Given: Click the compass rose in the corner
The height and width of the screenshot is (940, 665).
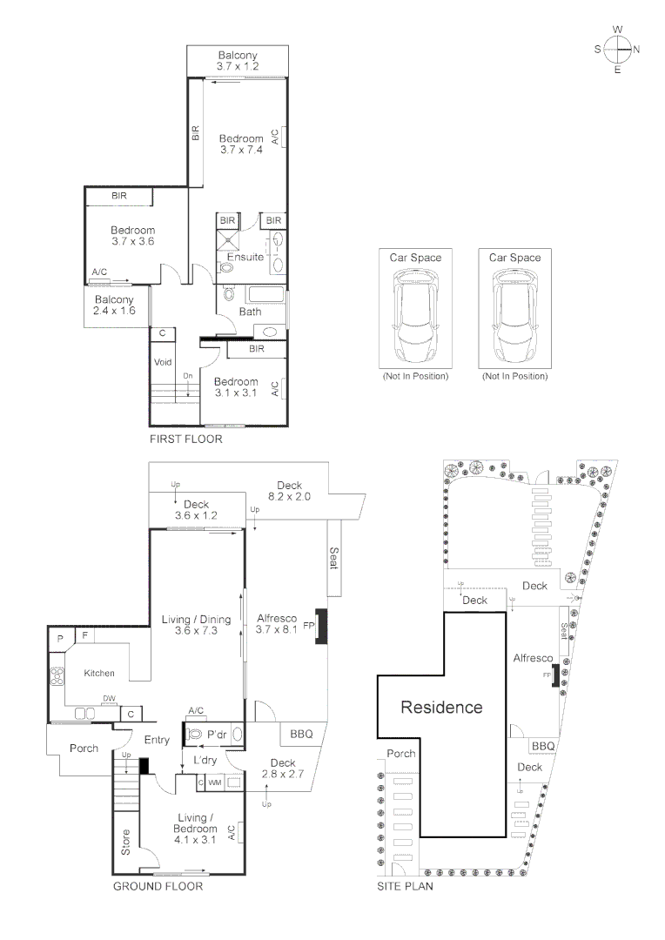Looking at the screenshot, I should coord(617,49).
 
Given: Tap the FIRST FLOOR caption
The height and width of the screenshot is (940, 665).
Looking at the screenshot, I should coord(185,440).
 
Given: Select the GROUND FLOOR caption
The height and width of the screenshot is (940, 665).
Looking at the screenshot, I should coord(158,887).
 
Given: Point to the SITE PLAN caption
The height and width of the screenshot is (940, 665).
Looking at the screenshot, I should coord(405,887).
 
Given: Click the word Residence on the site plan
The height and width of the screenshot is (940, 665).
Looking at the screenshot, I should coord(440,707).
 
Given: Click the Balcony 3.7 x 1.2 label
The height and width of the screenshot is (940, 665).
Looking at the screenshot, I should coord(238,61).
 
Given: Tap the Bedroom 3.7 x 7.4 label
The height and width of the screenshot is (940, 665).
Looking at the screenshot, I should coord(241,144).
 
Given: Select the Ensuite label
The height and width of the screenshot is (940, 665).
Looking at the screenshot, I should coord(245,258).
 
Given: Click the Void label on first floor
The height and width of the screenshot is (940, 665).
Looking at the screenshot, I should coord(163,362).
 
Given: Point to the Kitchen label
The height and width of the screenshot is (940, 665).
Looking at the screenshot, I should coord(99,674).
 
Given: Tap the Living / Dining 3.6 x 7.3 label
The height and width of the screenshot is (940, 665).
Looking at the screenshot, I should coord(196,625).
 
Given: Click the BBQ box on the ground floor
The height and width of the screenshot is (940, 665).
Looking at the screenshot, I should coord(301,734).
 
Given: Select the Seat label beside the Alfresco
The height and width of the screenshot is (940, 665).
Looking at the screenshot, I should coord(334,557).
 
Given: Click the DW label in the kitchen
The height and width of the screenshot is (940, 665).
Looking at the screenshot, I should coord(109,698).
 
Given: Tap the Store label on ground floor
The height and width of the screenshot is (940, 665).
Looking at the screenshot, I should coord(126,842).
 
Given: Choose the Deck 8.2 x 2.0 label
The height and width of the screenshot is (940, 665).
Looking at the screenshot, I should coord(289,491).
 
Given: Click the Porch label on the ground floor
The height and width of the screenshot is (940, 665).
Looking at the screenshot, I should coord(84,749).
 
